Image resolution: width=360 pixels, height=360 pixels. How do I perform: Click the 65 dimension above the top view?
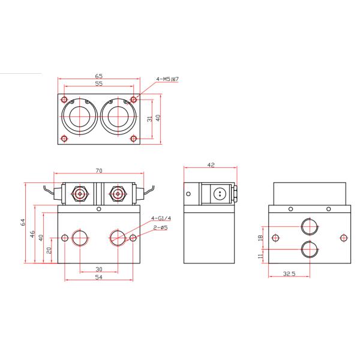(98, 77)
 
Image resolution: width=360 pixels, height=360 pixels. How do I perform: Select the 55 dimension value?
(98, 85)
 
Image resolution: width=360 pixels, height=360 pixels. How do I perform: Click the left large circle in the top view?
(80, 116)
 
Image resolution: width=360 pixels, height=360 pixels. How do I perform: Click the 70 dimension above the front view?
(98, 170)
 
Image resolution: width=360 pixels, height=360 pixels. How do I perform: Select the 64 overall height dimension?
(23, 222)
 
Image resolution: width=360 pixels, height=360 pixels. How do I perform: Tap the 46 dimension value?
(34, 233)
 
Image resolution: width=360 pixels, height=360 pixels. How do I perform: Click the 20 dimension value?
(50, 251)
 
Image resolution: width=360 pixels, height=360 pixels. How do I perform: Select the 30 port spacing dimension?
(98, 269)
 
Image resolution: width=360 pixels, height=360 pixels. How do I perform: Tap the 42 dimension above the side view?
(211, 164)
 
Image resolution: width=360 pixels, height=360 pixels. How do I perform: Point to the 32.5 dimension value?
(289, 274)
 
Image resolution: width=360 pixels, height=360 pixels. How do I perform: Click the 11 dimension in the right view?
(259, 256)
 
